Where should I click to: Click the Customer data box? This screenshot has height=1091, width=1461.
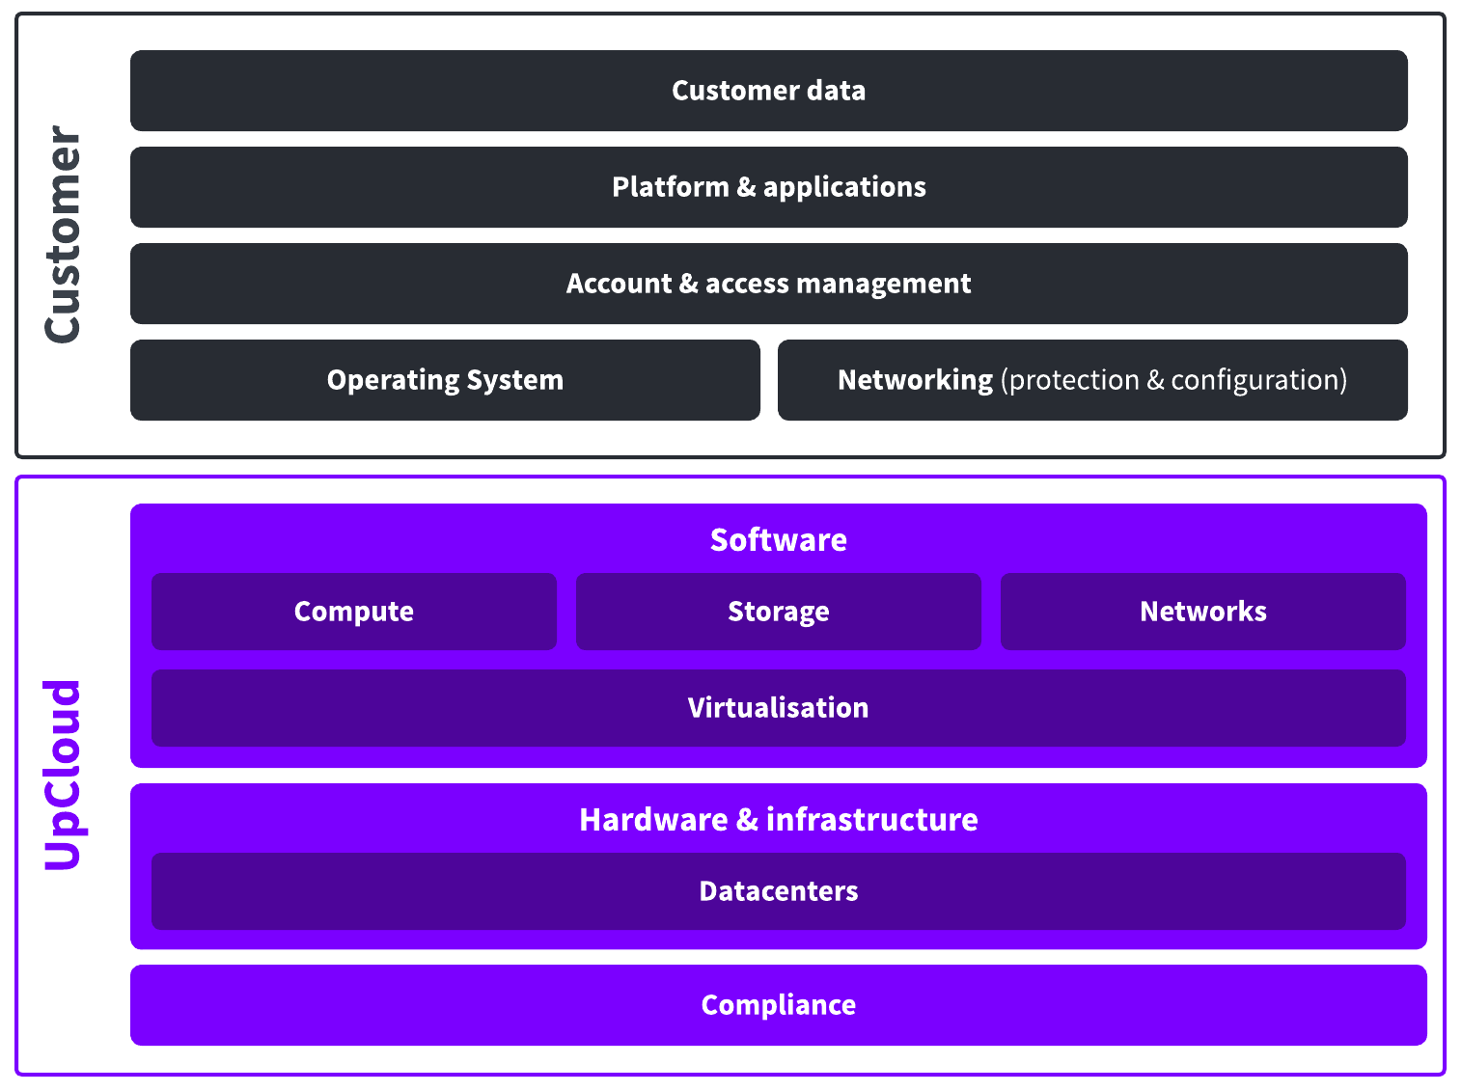point(769,91)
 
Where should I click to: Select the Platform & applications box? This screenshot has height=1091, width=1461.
point(769,187)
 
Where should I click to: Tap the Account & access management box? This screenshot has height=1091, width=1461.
point(769,284)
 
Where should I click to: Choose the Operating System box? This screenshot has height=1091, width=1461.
point(445,380)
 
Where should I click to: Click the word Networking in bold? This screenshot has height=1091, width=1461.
point(915,380)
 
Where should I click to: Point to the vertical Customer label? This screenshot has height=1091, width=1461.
point(62,234)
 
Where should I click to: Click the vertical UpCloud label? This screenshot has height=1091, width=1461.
point(64,775)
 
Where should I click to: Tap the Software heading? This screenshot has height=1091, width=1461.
point(778,539)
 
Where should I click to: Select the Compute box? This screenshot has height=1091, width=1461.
point(354,612)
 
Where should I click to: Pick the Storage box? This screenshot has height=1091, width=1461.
point(779,612)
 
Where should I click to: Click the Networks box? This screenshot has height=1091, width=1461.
point(1203,612)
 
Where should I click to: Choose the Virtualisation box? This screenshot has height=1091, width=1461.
point(779,708)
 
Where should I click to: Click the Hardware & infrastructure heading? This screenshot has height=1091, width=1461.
point(779,820)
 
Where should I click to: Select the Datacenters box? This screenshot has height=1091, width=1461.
point(779,891)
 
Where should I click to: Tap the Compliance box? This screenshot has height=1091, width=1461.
point(779,1005)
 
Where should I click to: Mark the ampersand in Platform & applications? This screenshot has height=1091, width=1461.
point(746,187)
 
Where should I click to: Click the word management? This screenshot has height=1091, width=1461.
point(884,285)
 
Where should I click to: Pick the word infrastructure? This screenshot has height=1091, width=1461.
point(872,820)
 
